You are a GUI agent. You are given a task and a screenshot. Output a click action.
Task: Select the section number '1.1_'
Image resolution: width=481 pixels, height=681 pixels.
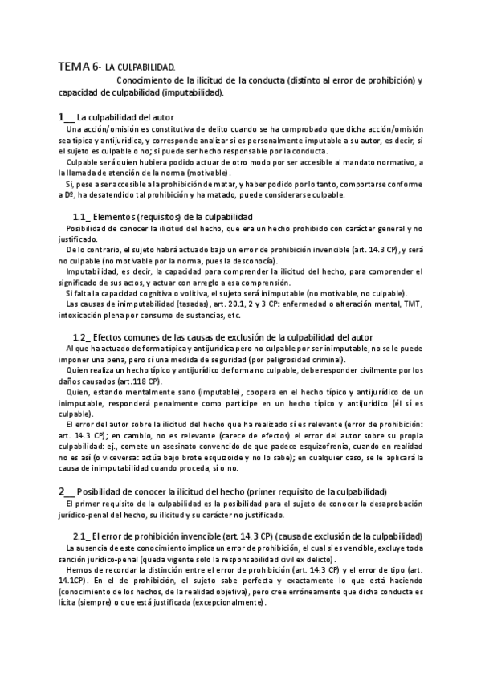point(81,217)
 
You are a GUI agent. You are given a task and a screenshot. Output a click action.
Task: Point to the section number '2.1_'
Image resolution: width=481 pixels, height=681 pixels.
point(81,536)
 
